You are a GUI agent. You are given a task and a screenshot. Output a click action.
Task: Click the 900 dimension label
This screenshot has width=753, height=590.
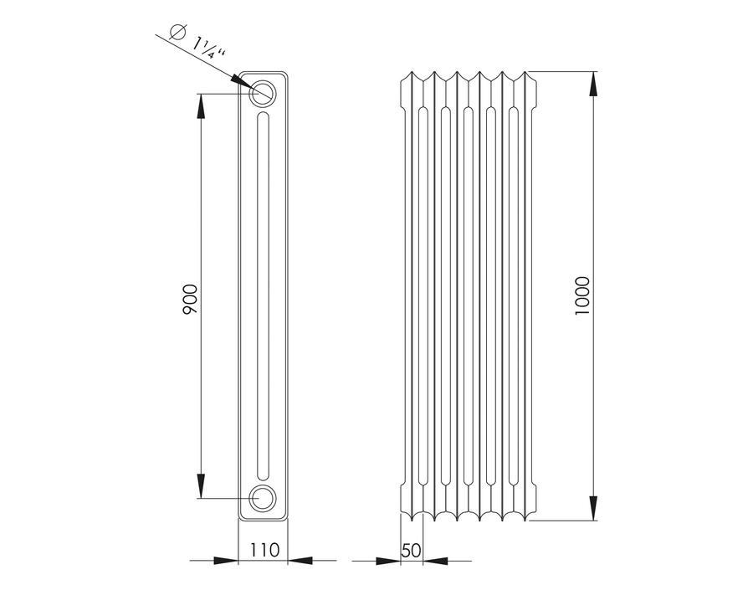tap(190, 300)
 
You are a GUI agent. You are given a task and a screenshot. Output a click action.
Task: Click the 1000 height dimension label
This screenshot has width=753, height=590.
tap(581, 296)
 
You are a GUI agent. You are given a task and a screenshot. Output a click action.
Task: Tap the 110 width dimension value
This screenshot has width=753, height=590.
tap(264, 550)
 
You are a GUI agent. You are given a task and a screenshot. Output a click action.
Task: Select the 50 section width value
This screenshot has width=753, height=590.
tap(411, 550)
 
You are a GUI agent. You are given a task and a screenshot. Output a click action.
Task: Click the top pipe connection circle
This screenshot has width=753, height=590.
tap(262, 93)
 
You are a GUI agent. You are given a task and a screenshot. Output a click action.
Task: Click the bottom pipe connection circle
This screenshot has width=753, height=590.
tap(262, 498)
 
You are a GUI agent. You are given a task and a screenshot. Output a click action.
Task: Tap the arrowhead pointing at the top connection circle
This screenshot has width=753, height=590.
tap(241, 81)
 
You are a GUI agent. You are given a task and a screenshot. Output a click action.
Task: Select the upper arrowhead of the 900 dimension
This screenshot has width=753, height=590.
tap(201, 105)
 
